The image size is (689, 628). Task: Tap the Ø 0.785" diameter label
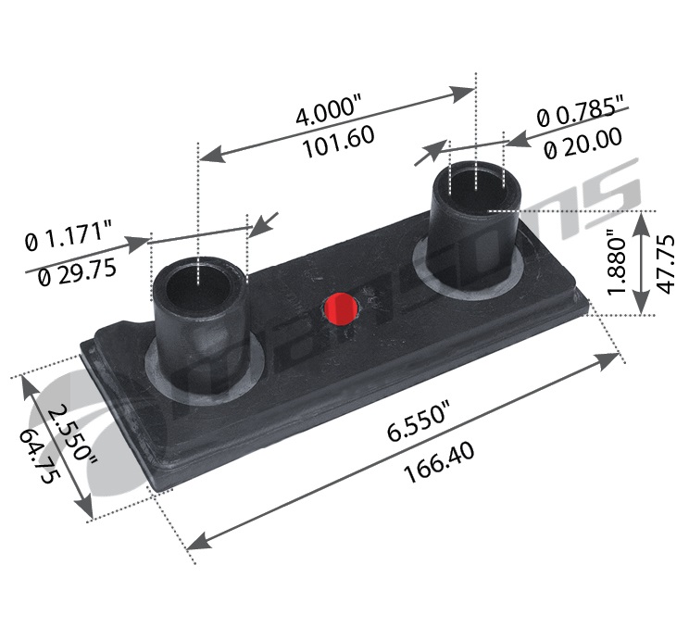pyautogui.click(x=581, y=116)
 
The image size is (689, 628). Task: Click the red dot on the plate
pyautogui.click(x=341, y=308)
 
